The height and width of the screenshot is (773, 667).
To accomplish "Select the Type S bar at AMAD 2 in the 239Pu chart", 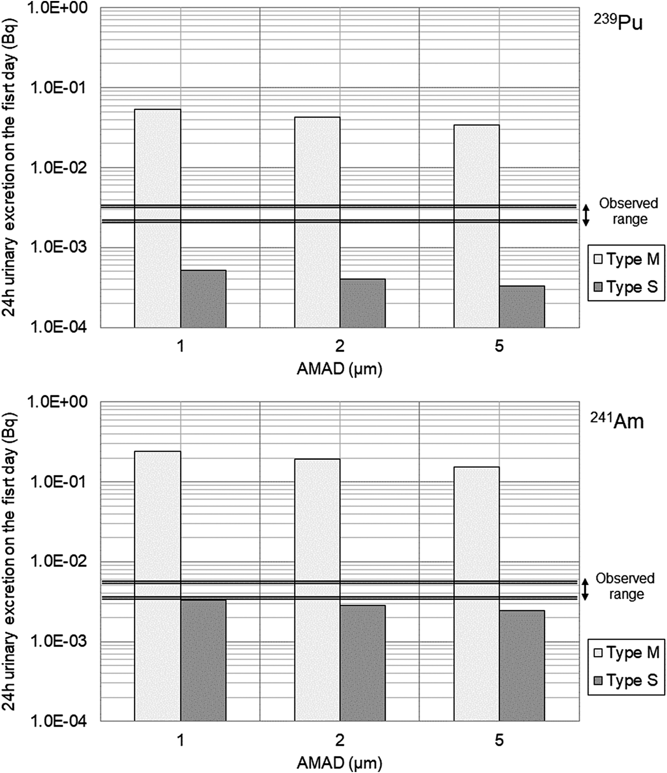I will click(x=363, y=303).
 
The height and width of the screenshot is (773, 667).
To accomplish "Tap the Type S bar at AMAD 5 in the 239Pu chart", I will click(x=522, y=307).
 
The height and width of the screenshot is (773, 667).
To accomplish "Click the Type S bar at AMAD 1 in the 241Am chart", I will click(x=203, y=660).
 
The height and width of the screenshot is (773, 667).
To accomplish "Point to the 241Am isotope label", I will click(x=617, y=421).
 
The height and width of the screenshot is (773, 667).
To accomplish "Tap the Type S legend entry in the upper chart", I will click(x=626, y=287).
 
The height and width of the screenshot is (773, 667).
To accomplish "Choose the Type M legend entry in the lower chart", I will click(x=626, y=653).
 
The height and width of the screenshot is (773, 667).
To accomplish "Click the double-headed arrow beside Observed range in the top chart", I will click(x=586, y=215).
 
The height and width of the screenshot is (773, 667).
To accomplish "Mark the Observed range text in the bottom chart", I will click(x=625, y=586).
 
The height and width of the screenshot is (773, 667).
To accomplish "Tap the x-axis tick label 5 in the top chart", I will click(x=499, y=346).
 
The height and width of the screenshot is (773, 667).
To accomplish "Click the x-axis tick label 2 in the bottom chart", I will click(x=340, y=740).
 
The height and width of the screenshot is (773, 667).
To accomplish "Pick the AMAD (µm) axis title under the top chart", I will click(x=339, y=369).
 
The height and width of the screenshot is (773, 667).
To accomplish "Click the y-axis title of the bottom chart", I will click(x=11, y=561).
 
